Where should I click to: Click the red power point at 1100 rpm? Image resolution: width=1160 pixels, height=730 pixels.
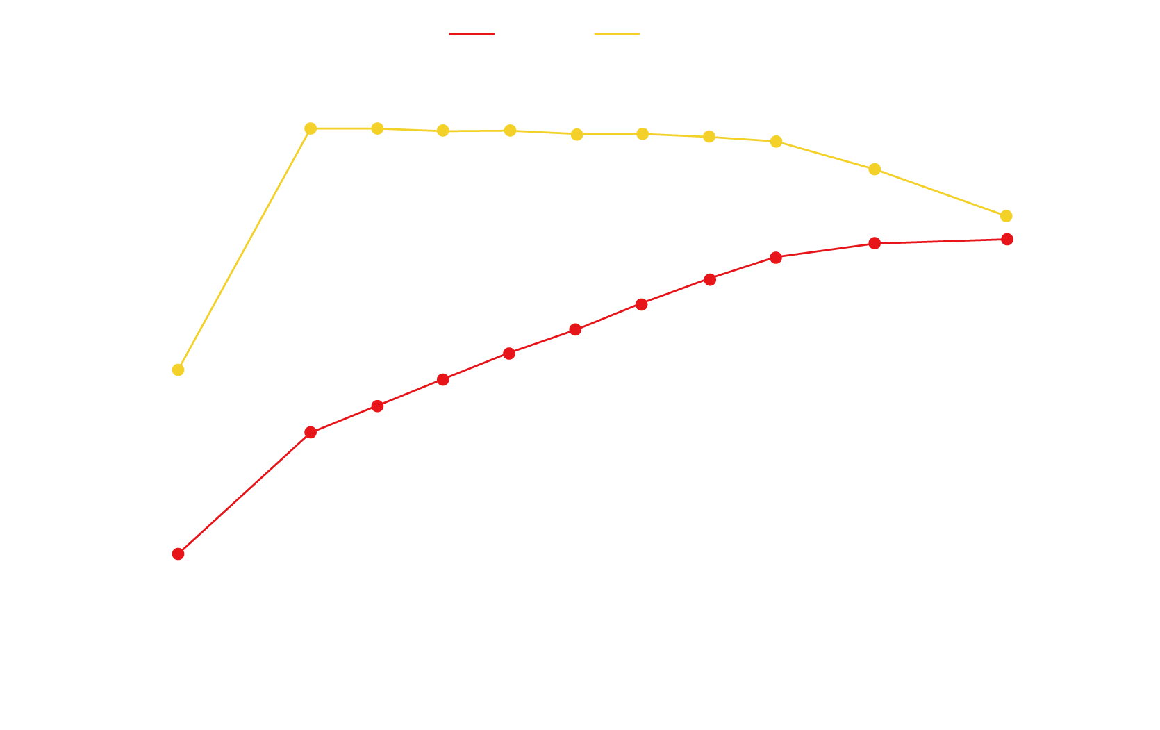(178, 554)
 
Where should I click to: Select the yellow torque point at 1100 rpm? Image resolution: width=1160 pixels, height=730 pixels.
(178, 370)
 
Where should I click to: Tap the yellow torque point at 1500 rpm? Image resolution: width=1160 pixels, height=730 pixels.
(310, 128)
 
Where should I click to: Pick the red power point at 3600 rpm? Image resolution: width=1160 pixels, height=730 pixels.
(1007, 240)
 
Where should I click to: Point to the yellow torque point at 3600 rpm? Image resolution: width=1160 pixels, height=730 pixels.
(1006, 216)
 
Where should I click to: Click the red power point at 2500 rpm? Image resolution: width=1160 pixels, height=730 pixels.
(642, 304)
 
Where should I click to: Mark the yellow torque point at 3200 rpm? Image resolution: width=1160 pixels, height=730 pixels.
(875, 169)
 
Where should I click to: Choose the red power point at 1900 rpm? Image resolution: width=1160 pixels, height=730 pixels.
(443, 379)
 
